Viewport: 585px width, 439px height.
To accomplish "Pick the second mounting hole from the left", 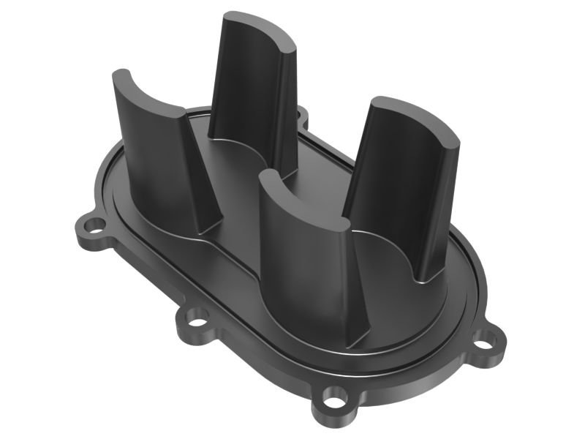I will point(196,319).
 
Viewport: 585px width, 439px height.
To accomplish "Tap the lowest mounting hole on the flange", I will point(334,401).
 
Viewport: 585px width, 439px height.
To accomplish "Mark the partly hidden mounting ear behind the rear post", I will point(301,113).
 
